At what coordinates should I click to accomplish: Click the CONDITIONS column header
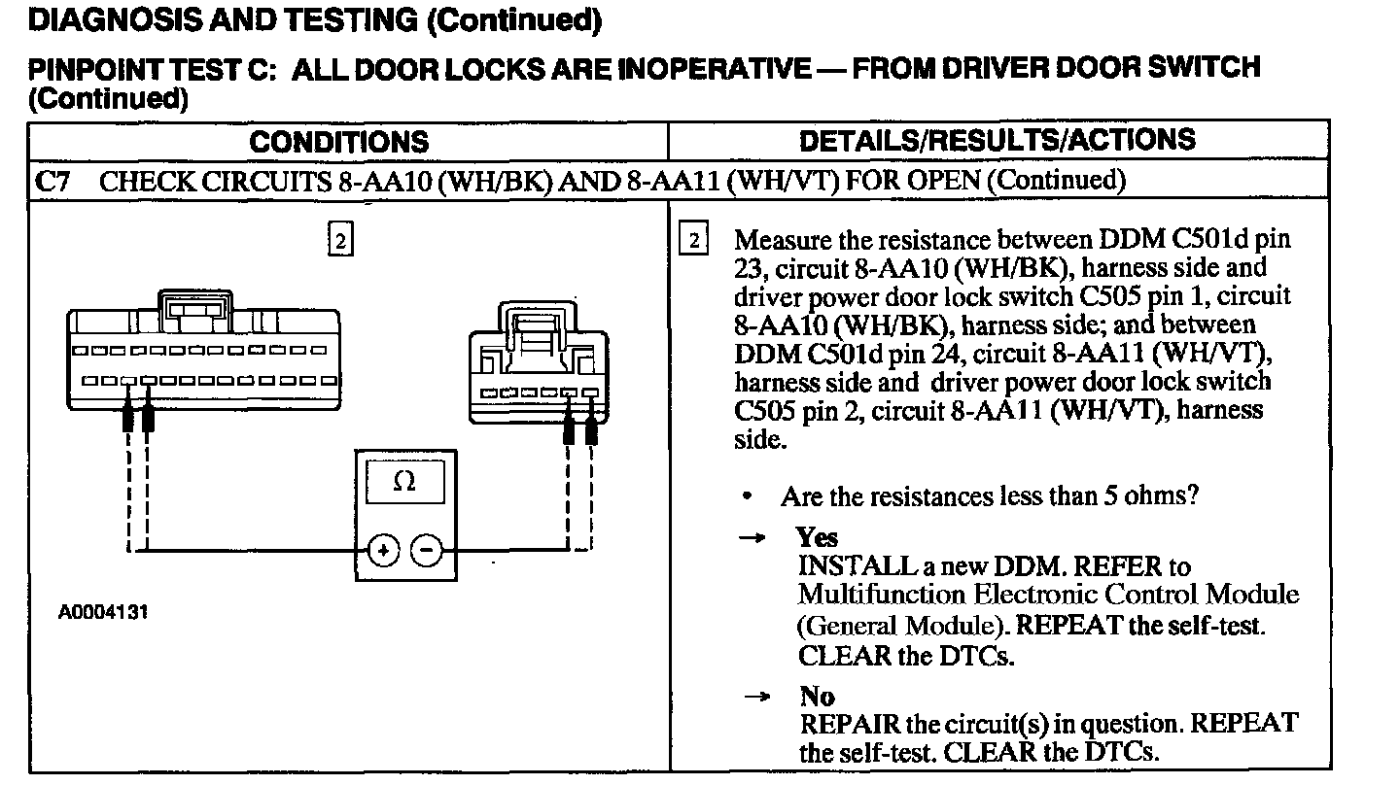click(x=338, y=142)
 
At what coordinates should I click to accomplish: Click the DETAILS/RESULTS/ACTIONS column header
click(x=997, y=140)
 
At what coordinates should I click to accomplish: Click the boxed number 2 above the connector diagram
click(x=339, y=240)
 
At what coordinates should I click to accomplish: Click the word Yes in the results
click(x=817, y=537)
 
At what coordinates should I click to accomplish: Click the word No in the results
click(x=817, y=697)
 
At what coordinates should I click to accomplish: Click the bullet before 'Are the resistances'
click(x=747, y=497)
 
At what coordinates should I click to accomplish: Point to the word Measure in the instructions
click(x=783, y=241)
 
